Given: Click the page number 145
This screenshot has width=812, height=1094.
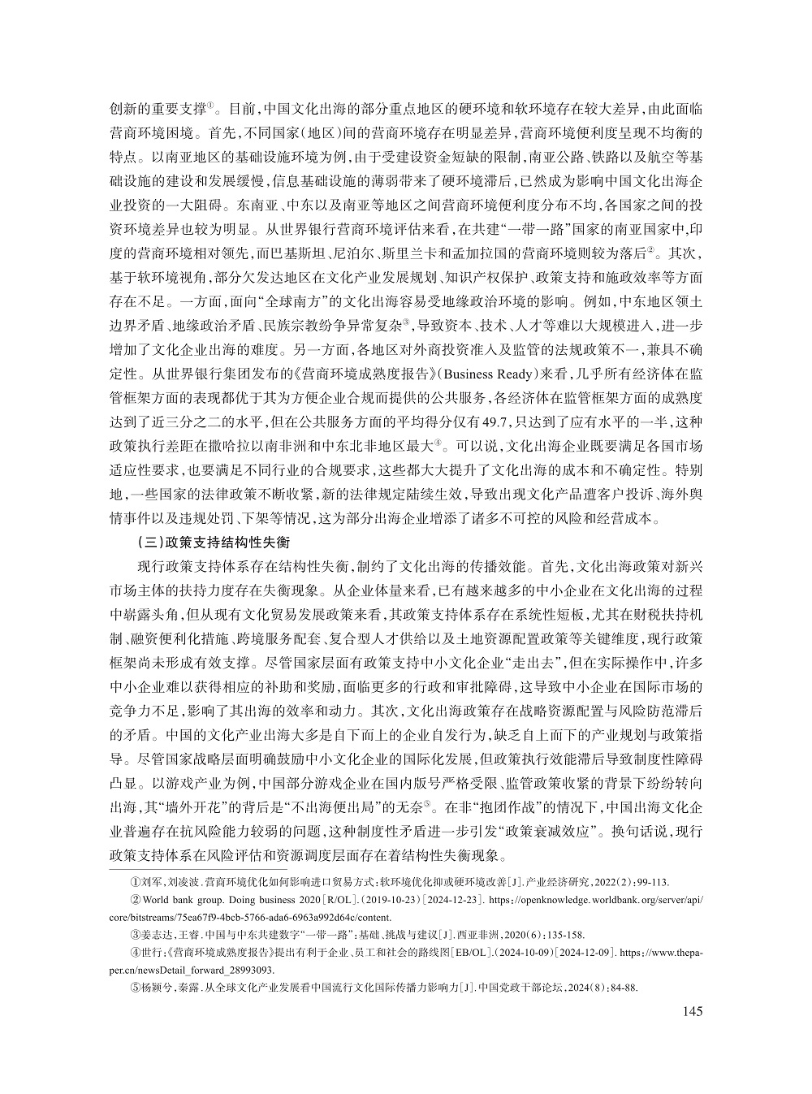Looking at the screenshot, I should pos(692,1010).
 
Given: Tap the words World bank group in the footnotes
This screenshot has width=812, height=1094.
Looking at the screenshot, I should pos(179,901).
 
